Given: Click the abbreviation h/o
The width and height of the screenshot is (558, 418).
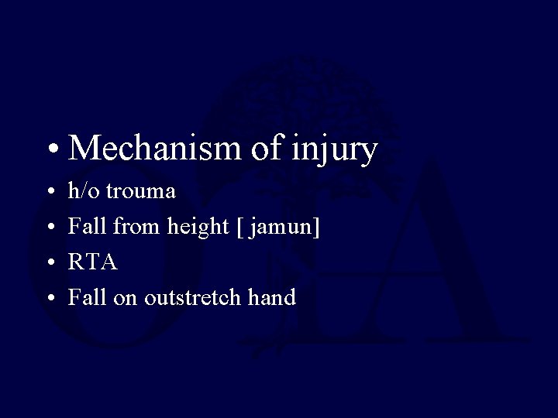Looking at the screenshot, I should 84,190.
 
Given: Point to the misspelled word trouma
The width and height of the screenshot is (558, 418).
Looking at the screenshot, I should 141,191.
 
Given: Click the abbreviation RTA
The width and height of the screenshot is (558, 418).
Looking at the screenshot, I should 93,262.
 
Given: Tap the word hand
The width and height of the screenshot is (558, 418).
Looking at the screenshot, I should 272,297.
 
